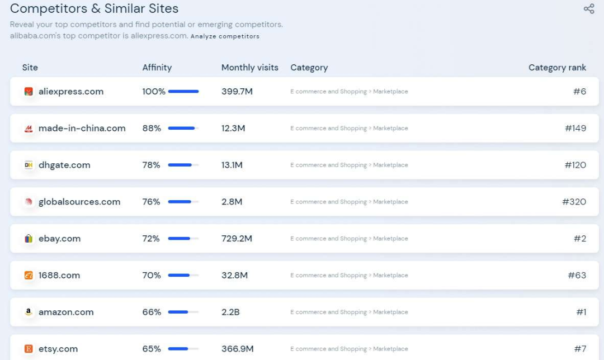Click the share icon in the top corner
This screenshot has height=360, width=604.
click(x=589, y=9)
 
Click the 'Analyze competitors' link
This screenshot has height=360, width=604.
click(x=225, y=36)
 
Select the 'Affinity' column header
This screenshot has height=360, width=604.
click(x=157, y=68)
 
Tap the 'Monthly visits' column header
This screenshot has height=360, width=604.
click(x=249, y=68)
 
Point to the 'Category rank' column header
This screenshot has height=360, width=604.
click(x=557, y=68)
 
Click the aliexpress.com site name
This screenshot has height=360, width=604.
click(x=71, y=92)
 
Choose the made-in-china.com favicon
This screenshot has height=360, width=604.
click(x=29, y=129)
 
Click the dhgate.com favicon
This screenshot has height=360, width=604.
click(x=29, y=165)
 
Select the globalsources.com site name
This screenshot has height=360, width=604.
click(x=79, y=202)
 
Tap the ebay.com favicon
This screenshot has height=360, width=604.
click(x=29, y=239)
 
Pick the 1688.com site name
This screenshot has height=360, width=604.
click(x=59, y=276)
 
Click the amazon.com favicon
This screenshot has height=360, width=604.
click(x=29, y=312)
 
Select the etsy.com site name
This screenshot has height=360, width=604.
click(x=58, y=349)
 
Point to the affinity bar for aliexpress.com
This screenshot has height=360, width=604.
click(x=183, y=92)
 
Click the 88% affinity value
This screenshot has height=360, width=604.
click(x=152, y=129)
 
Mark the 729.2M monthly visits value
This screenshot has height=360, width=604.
click(x=237, y=239)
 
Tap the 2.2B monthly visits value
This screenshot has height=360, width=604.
click(x=230, y=312)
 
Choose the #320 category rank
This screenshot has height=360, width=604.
click(x=574, y=202)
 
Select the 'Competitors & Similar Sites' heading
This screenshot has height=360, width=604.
click(x=95, y=9)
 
